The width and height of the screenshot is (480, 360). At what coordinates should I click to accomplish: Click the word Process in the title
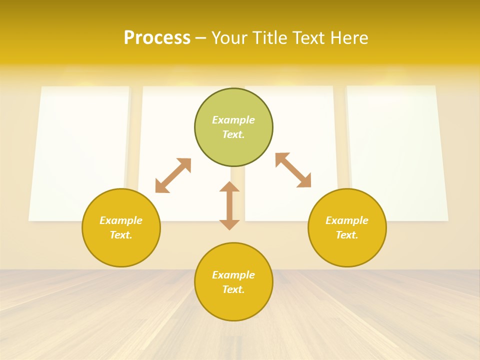point(157,38)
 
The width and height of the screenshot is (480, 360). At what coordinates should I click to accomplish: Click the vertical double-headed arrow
point(229,205)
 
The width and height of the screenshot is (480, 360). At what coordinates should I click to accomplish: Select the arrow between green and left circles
point(173,175)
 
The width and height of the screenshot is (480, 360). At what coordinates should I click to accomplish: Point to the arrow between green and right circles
point(293,170)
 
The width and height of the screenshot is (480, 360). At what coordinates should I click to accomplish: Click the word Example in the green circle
point(233,120)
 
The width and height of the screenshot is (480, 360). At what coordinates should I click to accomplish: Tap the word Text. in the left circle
point(121,235)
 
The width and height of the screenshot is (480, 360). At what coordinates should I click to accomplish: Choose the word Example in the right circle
point(347,220)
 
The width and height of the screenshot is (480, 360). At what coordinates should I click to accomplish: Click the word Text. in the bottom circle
point(233,289)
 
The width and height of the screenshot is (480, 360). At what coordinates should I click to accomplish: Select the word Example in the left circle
point(121,220)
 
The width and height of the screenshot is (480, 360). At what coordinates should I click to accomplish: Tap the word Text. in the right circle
point(347,235)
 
